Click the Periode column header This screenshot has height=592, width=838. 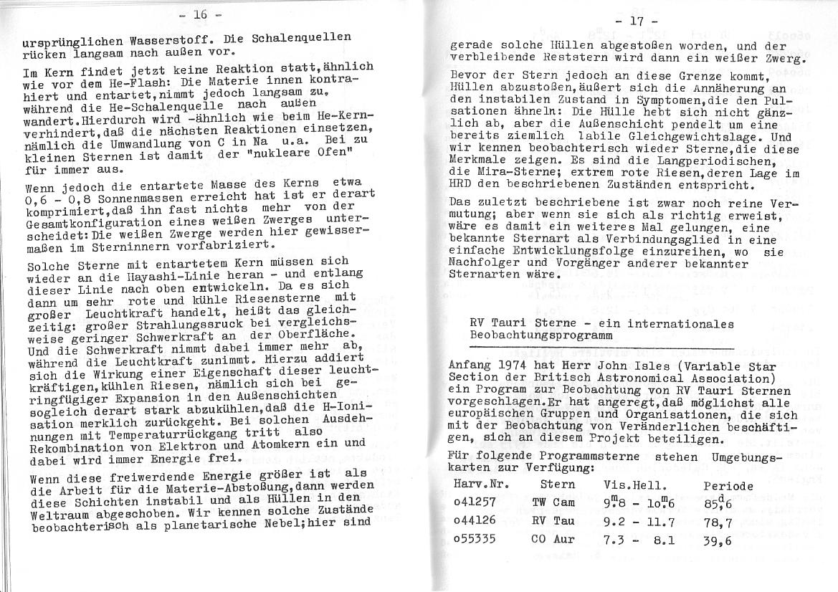click(x=728, y=485)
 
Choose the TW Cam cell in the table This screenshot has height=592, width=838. click(x=553, y=503)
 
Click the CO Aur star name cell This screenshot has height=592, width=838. click(x=552, y=539)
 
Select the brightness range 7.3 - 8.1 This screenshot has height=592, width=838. click(x=640, y=539)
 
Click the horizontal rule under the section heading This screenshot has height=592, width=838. click(x=602, y=348)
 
